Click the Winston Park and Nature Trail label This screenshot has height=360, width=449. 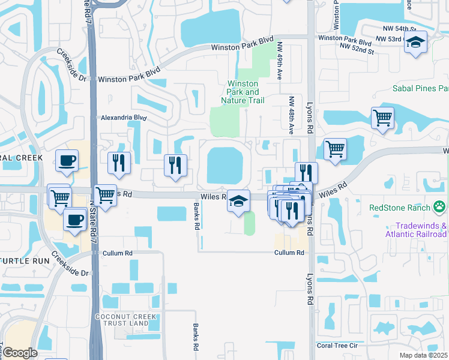tap(243, 92)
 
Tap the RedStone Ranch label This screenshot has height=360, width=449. tap(400, 208)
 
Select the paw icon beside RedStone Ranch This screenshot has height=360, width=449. tap(441, 208)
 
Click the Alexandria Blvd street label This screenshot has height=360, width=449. tap(124, 118)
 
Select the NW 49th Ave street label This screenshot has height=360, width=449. tap(280, 61)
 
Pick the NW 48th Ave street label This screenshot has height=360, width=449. tap(291, 115)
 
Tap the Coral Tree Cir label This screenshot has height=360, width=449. tap(337, 346)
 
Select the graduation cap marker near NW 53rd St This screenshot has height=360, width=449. tap(414, 42)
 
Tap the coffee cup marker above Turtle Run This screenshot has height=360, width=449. tap(75, 220)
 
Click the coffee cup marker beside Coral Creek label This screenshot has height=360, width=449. tap(67, 160)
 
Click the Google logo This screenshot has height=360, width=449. tap(20, 353)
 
